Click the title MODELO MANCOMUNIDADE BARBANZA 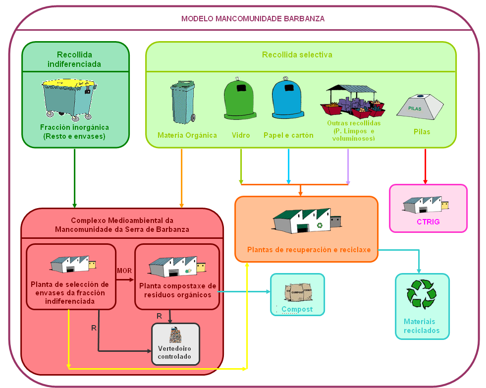(253, 19)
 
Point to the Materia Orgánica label (187, 135)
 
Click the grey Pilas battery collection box (420, 106)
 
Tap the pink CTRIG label (428, 222)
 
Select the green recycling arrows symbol (422, 294)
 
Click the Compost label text (297, 310)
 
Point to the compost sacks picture (297, 292)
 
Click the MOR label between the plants (124, 271)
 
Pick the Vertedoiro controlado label (174, 352)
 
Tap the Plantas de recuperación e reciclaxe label (309, 250)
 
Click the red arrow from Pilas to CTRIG (425, 166)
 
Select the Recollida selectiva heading (297, 55)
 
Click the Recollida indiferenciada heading (74, 59)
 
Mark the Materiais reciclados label (422, 326)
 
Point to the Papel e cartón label (288, 135)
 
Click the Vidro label (241, 135)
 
